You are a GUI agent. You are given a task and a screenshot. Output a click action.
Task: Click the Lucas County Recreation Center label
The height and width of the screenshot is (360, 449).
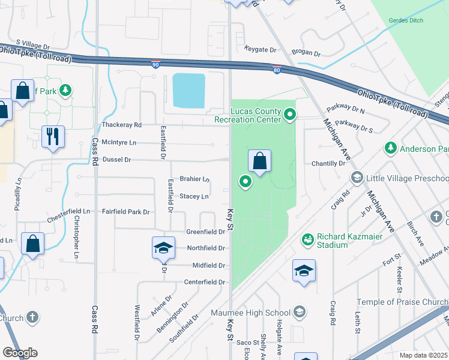247,115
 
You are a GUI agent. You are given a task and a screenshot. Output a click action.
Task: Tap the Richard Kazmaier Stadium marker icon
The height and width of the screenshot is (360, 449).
308,239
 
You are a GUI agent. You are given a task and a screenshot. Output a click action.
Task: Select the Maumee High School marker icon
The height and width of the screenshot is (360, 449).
299,312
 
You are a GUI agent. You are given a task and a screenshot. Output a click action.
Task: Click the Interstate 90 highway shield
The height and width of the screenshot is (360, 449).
155,64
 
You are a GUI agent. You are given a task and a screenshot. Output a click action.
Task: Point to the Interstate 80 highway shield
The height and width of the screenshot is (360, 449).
276,70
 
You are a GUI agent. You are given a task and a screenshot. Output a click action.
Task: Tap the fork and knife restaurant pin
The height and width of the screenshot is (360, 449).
53,137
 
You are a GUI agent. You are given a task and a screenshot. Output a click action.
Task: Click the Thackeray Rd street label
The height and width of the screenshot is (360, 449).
121,125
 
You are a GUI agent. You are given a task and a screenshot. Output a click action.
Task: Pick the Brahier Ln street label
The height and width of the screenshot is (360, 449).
194,179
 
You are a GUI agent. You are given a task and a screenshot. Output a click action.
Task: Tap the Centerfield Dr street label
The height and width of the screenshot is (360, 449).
204,282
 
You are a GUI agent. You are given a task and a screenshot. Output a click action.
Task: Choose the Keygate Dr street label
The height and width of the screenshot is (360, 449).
260,49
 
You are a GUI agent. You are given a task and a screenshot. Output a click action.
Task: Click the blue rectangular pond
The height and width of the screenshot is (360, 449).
188,91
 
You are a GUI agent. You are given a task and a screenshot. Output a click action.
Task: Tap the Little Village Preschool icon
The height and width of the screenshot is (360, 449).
357,178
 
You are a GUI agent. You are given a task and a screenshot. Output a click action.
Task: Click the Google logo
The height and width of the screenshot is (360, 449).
20,353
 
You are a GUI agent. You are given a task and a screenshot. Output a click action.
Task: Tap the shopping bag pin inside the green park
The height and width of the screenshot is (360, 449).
259,161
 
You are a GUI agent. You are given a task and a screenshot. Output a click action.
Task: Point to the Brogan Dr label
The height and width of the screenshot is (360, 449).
306,53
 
